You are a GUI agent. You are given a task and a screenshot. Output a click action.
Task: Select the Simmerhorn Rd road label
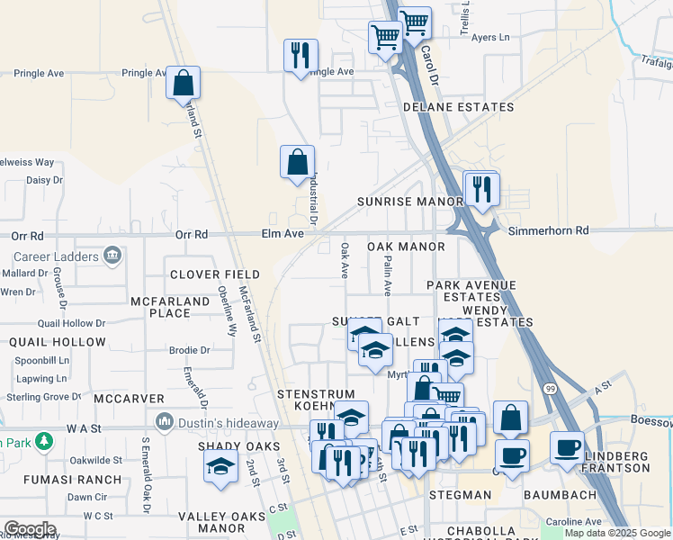click(x=548, y=231)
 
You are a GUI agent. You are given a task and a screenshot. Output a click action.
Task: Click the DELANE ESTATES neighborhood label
click(x=458, y=107)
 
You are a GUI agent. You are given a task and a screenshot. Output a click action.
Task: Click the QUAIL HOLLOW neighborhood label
click(x=58, y=343)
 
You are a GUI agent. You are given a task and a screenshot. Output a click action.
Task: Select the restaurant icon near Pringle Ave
click(x=301, y=55)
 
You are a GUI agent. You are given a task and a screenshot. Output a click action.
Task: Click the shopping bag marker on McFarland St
click(x=183, y=83)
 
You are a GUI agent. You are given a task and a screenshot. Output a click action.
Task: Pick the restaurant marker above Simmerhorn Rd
click(x=480, y=188)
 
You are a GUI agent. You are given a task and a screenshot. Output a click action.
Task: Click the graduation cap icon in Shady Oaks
click(x=220, y=466)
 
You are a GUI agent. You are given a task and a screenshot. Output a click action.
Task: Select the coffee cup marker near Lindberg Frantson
click(x=567, y=447)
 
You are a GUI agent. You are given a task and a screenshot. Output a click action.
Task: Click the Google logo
click(x=31, y=529)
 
